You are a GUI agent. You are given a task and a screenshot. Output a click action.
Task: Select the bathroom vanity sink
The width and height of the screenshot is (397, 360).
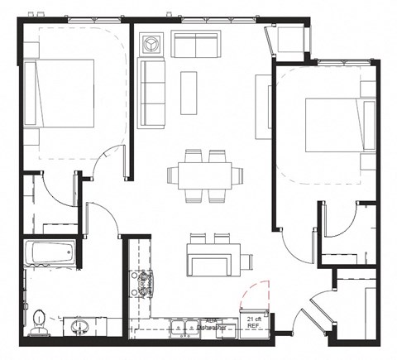click(81, 326)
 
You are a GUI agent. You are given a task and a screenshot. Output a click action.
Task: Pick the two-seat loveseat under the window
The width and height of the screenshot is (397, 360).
click(196, 44)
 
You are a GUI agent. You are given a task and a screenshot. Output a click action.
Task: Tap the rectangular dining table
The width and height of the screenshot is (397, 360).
click(205, 175)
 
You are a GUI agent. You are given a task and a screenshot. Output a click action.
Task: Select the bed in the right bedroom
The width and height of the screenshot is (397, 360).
click(335, 125)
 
